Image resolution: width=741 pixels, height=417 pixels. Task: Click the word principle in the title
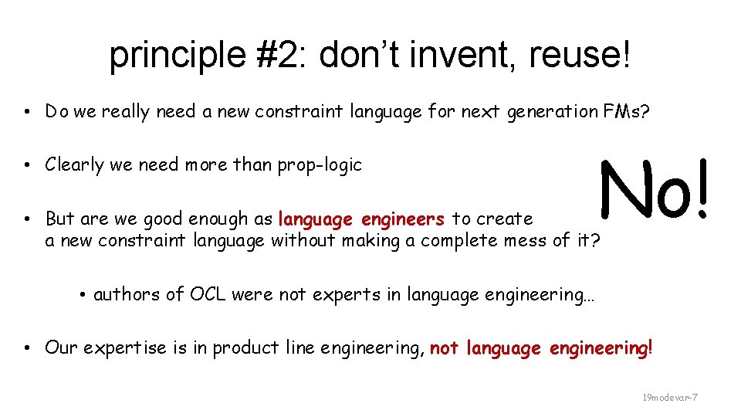159,56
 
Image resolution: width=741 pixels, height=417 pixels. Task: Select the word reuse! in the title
580,56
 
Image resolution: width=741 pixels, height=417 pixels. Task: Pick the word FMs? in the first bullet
626,112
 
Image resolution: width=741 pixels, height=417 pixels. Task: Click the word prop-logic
322,165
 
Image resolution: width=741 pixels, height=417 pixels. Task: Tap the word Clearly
74,165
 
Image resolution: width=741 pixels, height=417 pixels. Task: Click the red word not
444,348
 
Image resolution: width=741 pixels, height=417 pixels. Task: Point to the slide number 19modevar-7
670,397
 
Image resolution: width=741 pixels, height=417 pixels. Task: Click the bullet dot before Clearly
27,165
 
